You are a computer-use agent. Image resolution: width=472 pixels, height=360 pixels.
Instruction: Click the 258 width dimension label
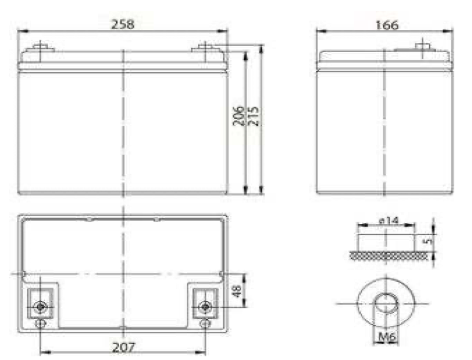(123, 24)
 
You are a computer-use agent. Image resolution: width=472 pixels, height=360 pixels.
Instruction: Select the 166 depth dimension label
(387, 25)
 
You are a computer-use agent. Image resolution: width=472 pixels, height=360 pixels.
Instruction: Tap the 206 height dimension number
(238, 116)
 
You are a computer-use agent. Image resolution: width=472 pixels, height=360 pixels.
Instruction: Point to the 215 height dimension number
(253, 116)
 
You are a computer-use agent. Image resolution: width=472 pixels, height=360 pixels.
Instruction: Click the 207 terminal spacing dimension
(124, 348)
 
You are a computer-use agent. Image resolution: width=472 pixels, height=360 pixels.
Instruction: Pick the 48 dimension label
(237, 291)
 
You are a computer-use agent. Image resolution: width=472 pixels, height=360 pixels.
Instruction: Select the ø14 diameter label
(389, 221)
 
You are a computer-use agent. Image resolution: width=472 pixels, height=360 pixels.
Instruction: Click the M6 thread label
(387, 336)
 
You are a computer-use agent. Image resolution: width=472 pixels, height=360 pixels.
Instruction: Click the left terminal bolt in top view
(40, 307)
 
